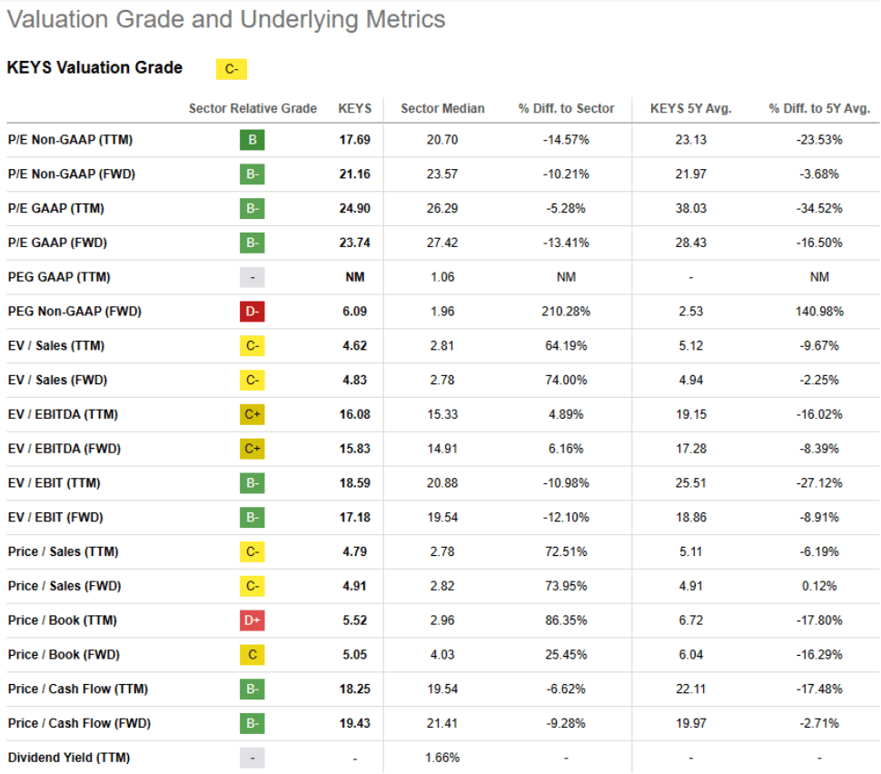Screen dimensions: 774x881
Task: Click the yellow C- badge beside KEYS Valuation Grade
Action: pyautogui.click(x=231, y=69)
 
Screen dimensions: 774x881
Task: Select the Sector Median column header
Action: pyautogui.click(x=442, y=108)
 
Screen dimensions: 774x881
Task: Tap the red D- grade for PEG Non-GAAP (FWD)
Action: pyautogui.click(x=252, y=312)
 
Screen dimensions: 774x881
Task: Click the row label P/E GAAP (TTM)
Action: pyautogui.click(x=55, y=208)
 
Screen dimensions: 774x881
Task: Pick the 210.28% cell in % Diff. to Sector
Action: pyautogui.click(x=566, y=312)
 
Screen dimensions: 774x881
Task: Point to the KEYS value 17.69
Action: pyautogui.click(x=354, y=140)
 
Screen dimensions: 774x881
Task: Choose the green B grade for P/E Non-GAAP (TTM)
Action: pyautogui.click(x=252, y=140)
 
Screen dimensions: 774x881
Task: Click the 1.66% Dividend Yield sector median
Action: pyautogui.click(x=442, y=757)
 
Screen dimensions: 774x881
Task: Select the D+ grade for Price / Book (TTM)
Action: pyautogui.click(x=252, y=620)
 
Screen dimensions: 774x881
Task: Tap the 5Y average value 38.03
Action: pyautogui.click(x=690, y=208)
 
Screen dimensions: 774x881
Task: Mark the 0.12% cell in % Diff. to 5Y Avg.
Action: pyautogui.click(x=818, y=586)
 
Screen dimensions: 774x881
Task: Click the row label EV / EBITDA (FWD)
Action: pyautogui.click(x=64, y=449)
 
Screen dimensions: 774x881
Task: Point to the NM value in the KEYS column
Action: pyautogui.click(x=354, y=277)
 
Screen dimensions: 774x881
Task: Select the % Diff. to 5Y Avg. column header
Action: pyautogui.click(x=818, y=108)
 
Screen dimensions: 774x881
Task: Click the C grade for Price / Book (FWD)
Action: pyautogui.click(x=252, y=654)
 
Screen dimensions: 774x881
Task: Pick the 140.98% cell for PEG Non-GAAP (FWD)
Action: pyautogui.click(x=818, y=312)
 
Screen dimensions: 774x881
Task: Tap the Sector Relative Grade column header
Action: pyautogui.click(x=252, y=108)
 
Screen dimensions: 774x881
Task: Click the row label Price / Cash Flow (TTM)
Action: pyautogui.click(x=77, y=689)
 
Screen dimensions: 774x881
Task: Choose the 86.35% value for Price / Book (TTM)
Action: pyautogui.click(x=566, y=620)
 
